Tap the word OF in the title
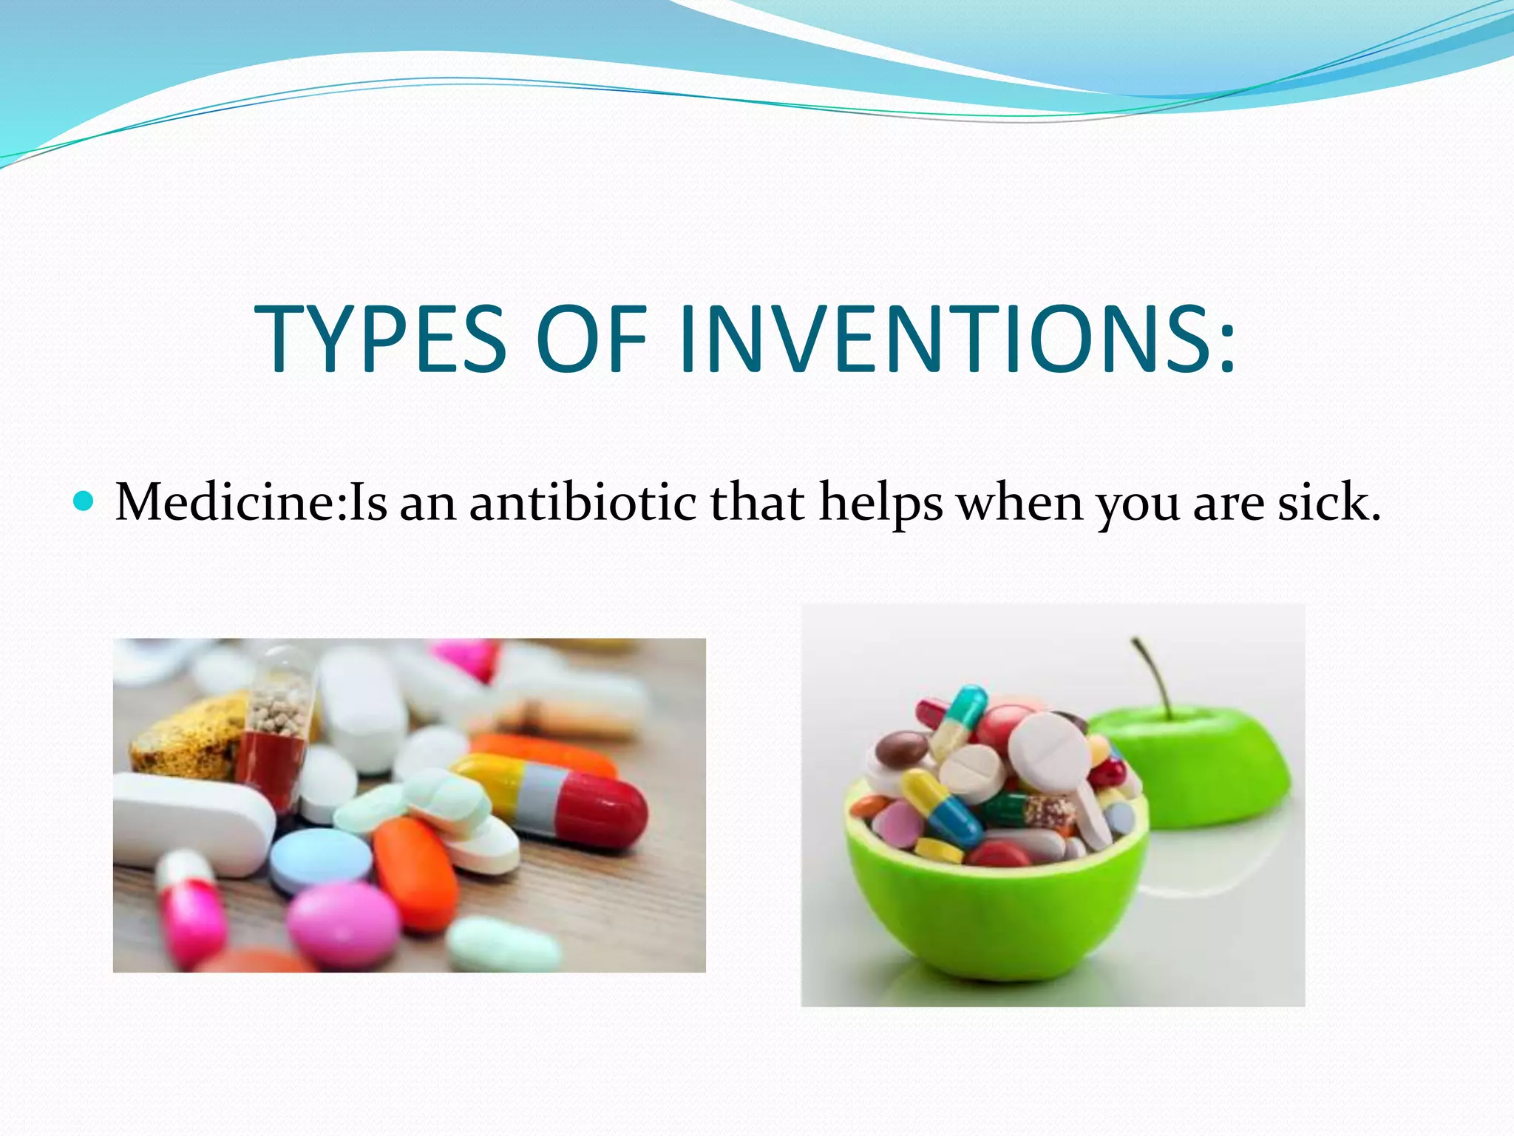(x=591, y=339)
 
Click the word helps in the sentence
(x=880, y=503)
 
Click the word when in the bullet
(x=1019, y=503)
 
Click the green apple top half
(x=1198, y=769)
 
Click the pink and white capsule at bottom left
(x=191, y=908)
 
